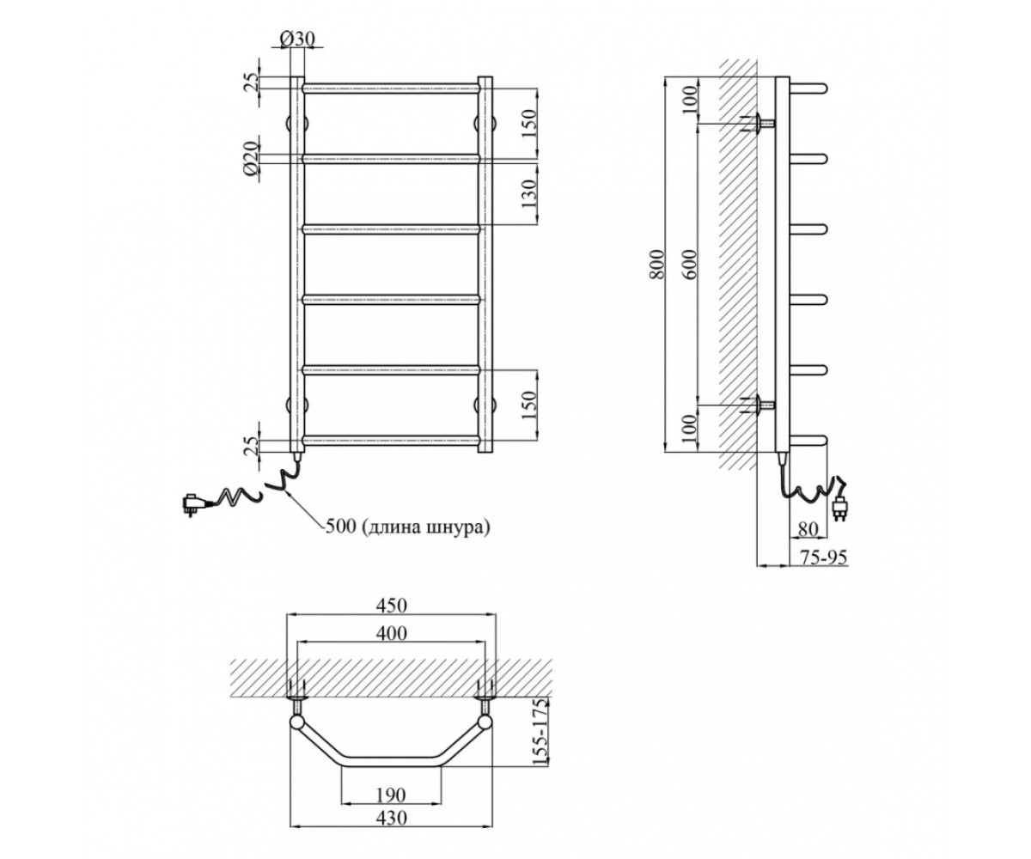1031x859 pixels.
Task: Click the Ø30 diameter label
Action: (297, 39)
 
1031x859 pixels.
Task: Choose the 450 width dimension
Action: (392, 606)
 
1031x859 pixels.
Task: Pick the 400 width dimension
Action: (392, 633)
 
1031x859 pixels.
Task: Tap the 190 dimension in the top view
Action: (391, 795)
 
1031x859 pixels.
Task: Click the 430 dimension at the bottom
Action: (392, 818)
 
